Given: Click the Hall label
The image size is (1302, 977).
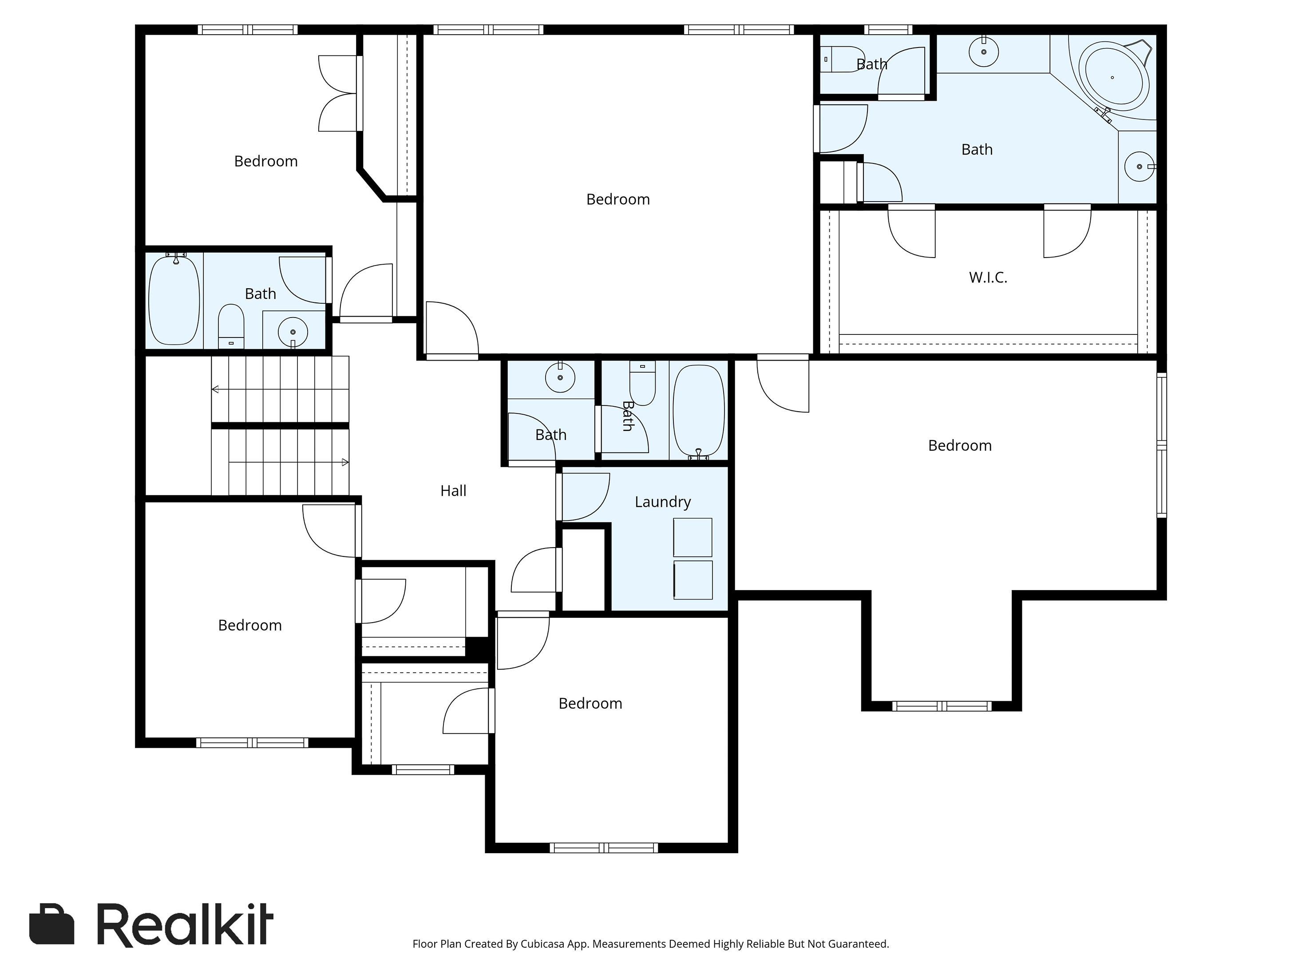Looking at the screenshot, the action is [453, 491].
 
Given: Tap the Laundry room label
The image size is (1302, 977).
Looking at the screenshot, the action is [663, 502].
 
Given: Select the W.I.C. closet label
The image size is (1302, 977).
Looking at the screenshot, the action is [988, 278].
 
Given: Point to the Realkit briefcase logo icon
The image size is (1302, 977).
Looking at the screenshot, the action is [52, 923].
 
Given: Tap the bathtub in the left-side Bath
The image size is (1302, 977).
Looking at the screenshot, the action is [174, 300].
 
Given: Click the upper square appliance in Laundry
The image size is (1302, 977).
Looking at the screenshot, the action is [693, 537].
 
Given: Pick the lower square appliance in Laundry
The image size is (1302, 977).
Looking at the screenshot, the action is [693, 580].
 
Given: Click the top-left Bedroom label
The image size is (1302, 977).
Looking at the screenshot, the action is [266, 161].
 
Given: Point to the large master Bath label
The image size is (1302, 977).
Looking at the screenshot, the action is [977, 150].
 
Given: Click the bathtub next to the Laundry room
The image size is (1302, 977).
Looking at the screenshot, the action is [699, 411].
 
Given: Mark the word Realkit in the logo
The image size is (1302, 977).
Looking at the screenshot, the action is [185, 925].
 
